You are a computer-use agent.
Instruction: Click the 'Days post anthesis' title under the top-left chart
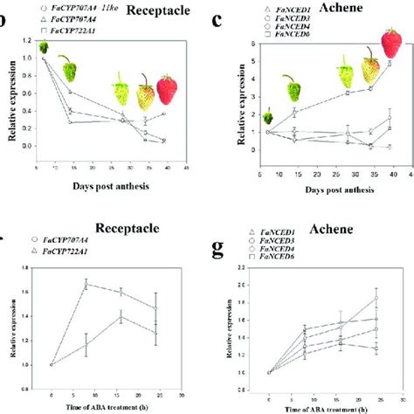point(102,186)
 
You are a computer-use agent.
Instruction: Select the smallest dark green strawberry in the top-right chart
point(244,118)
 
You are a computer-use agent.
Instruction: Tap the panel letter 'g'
point(222,248)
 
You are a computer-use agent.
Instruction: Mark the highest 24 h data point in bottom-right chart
point(375,299)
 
